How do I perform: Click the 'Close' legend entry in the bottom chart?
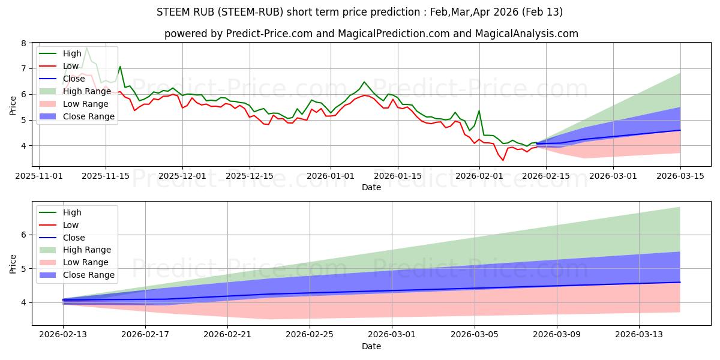pos(72,238)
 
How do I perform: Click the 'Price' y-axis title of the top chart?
pos(13,105)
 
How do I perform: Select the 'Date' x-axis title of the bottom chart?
pos(371,347)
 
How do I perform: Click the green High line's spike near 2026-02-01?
pos(479,111)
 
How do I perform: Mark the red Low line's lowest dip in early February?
pos(503,160)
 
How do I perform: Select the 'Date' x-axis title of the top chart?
pos(371,187)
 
